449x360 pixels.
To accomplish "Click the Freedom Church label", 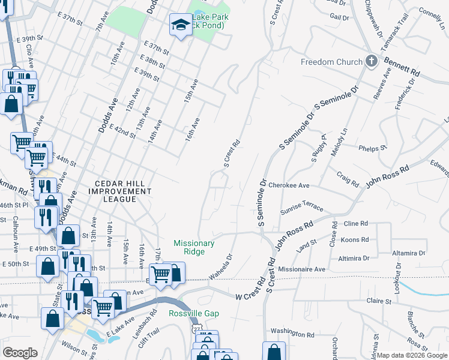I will [332, 62].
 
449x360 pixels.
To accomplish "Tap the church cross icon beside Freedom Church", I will [372, 61].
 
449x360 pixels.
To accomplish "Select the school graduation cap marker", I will [179, 25].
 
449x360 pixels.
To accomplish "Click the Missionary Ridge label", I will [194, 247].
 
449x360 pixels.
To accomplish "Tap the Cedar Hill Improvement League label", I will [119, 191].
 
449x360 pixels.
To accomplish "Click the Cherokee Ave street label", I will [289, 186].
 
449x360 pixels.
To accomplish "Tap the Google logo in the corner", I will [21, 353].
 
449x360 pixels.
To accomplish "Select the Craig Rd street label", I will [348, 180].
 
